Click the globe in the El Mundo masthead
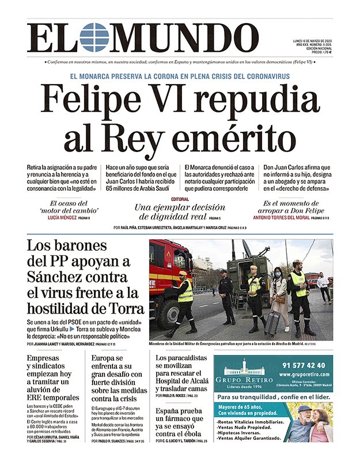point(93,38)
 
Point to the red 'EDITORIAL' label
point(180,199)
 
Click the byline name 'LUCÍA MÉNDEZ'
point(65,218)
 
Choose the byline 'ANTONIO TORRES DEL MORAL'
point(279,218)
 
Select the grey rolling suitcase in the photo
point(272,323)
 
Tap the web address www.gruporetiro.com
point(305,375)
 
